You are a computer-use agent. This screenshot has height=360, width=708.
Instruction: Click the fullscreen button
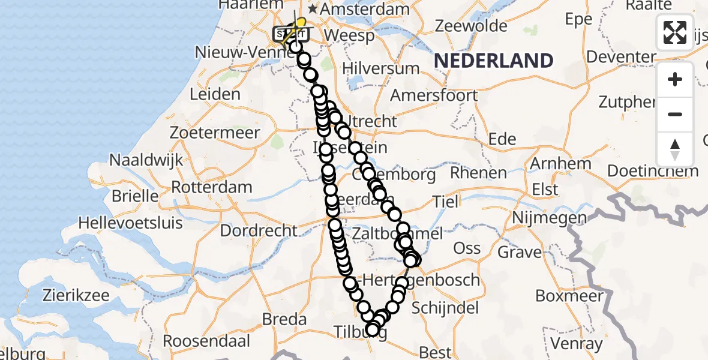(x=675, y=32)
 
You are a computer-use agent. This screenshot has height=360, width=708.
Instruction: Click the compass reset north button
(x=675, y=149)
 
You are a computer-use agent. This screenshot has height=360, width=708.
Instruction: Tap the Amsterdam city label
(x=364, y=10)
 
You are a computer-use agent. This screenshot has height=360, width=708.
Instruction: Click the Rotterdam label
(x=212, y=187)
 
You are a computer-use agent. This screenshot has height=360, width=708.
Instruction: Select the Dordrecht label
(x=259, y=230)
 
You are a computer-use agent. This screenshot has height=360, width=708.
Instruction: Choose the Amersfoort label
(x=434, y=95)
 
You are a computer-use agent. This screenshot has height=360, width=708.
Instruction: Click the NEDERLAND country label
(x=493, y=61)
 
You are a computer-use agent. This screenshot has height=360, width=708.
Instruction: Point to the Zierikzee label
(x=76, y=295)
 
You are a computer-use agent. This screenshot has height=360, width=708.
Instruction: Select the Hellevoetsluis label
(x=130, y=223)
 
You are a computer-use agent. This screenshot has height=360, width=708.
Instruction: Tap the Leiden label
(x=215, y=94)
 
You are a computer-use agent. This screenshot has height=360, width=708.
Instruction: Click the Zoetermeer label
(x=215, y=132)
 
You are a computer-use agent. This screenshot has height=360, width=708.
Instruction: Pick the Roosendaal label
(x=206, y=341)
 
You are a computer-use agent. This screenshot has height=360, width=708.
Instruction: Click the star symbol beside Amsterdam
(x=313, y=10)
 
